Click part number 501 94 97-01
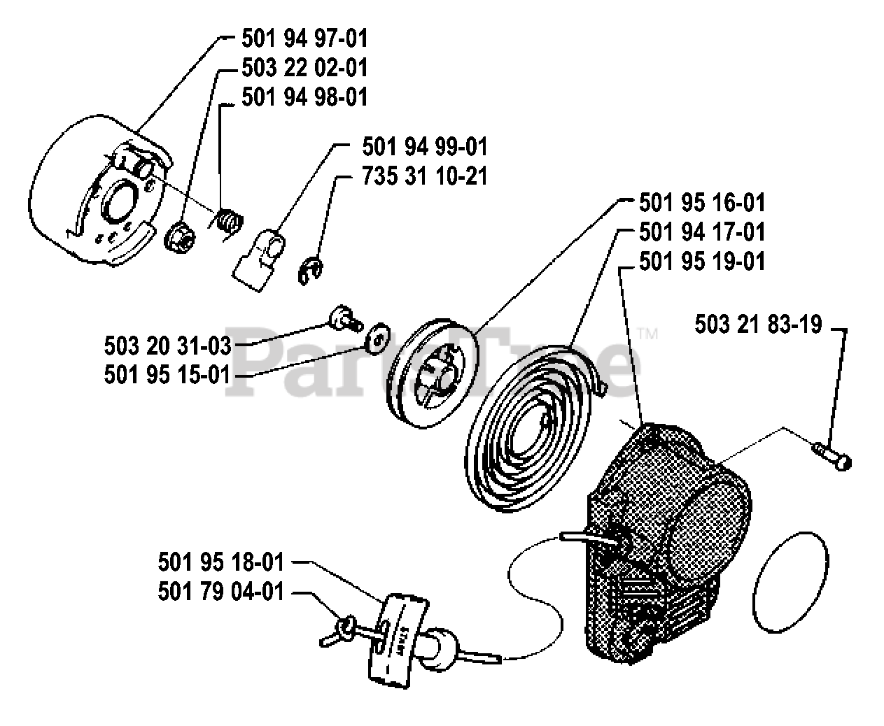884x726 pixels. coord(304,38)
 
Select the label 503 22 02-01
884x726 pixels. coord(304,68)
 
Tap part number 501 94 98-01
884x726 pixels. coord(304,97)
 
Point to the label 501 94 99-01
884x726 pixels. coord(425,147)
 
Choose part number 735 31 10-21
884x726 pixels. coord(425,176)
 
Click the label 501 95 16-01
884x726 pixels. coord(702,204)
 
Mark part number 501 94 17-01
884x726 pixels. coord(702,232)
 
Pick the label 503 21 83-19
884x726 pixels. coord(758,325)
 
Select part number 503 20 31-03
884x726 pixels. coord(167,346)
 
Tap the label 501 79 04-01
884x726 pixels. coord(222,592)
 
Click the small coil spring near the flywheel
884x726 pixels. coord(227,221)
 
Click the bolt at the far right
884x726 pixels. coord(833,453)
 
